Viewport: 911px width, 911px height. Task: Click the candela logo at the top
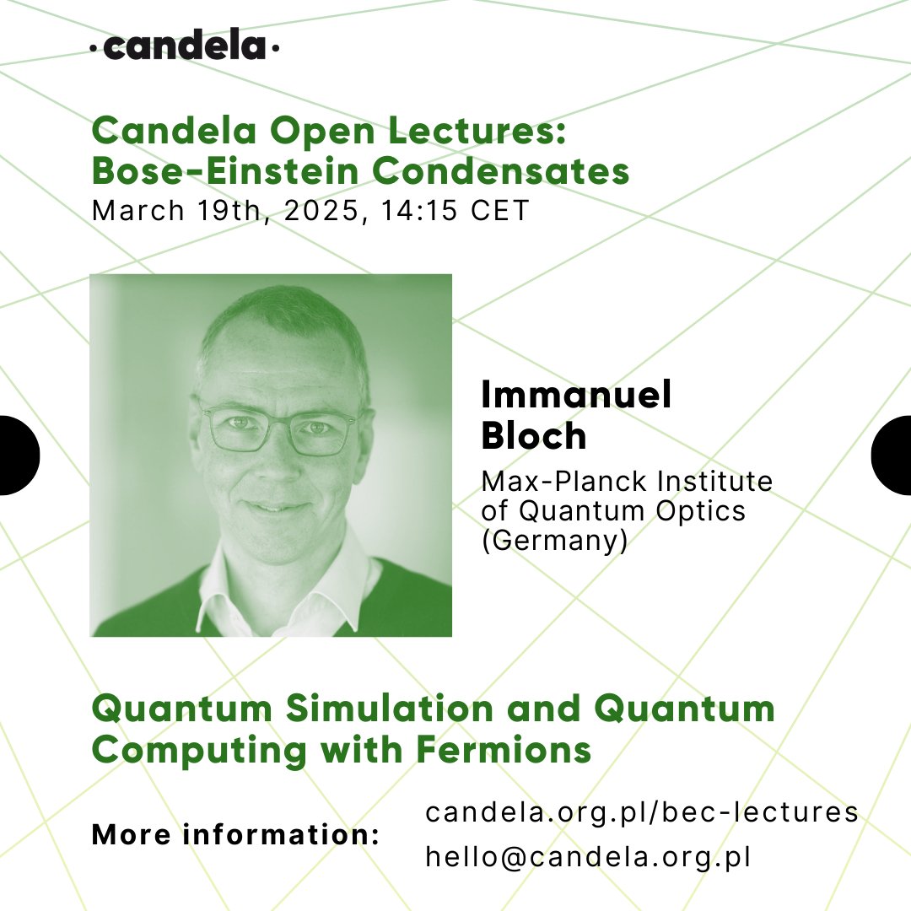(x=185, y=47)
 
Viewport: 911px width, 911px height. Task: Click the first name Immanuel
(x=577, y=395)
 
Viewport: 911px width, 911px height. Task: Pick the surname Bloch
(x=533, y=436)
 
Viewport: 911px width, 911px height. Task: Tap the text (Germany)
(x=554, y=541)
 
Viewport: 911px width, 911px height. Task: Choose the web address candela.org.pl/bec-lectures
(x=642, y=812)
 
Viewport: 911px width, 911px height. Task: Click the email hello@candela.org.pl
(x=588, y=856)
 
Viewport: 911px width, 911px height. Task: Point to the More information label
(x=236, y=835)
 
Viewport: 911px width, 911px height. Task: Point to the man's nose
(x=272, y=464)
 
